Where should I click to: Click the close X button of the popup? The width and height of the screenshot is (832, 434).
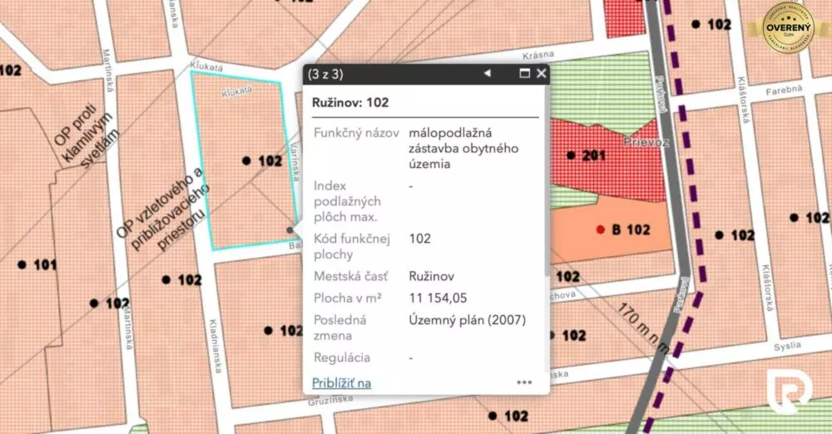(542, 73)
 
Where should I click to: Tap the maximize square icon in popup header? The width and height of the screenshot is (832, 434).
(525, 73)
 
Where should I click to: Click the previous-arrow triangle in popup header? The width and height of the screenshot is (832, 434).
(488, 73)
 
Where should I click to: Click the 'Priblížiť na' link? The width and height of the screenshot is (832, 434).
(341, 382)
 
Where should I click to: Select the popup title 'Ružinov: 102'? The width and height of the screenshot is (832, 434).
(349, 103)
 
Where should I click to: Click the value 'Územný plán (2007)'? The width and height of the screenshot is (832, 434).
(468, 319)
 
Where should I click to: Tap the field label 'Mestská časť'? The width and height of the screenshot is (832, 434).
(350, 276)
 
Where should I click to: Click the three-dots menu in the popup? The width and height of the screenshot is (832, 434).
(524, 382)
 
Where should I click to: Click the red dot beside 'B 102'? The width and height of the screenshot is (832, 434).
(600, 229)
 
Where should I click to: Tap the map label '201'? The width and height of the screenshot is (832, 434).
(593, 155)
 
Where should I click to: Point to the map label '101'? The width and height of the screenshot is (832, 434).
(45, 265)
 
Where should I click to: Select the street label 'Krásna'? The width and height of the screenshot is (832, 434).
(539, 55)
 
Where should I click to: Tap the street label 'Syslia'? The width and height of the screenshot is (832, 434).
(785, 345)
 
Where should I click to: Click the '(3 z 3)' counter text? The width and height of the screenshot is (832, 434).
(325, 74)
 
